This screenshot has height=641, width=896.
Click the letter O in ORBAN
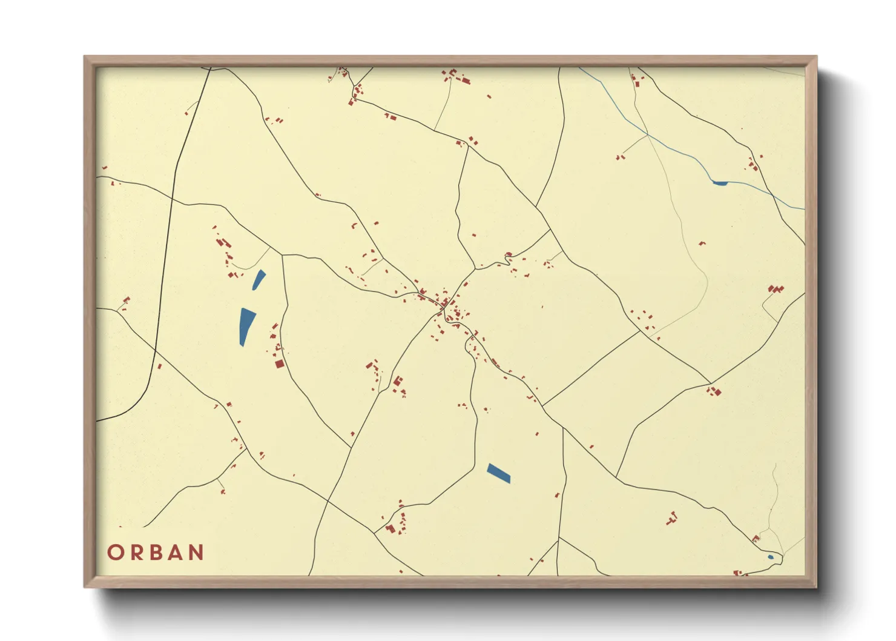[x=116, y=553]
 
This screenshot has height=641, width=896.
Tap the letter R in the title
[x=136, y=553]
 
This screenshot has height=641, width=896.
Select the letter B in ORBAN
[x=156, y=553]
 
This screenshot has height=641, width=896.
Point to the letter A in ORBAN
[x=176, y=553]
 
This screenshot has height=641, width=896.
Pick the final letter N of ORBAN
[x=196, y=553]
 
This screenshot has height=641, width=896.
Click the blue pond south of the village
[x=499, y=473]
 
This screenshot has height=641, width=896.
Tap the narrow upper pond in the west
[x=259, y=279]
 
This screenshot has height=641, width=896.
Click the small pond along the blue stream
[x=720, y=182]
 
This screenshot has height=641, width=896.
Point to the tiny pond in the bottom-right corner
[x=770, y=557]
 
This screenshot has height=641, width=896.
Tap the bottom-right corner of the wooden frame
[x=815, y=586]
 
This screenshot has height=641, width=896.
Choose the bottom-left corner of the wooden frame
[x=85, y=586]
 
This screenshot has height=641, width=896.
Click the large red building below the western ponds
[x=279, y=364]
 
